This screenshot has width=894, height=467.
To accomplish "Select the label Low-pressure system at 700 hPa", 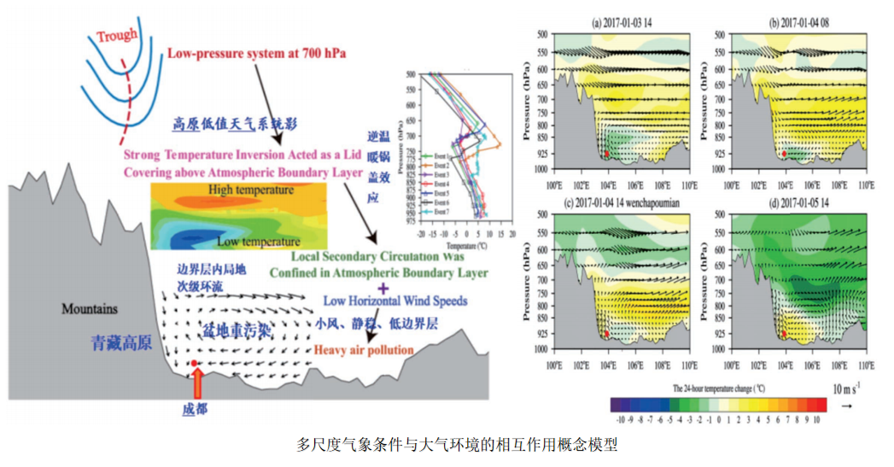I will point(256,53).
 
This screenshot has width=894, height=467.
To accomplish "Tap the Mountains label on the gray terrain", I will point(90,308).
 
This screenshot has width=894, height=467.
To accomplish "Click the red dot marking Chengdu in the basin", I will point(195,363).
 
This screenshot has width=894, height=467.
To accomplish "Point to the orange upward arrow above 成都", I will point(195,383).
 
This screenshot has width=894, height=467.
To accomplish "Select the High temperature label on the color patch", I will point(250,190).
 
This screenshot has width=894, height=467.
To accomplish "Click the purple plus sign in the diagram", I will point(370,289).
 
